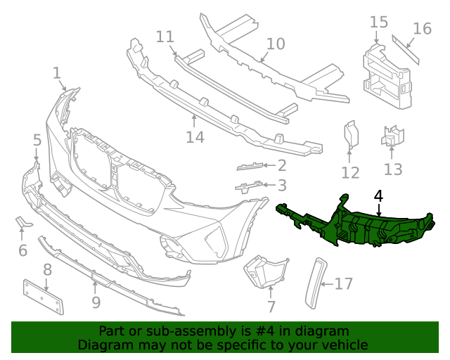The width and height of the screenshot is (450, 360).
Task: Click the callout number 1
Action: point(56,72)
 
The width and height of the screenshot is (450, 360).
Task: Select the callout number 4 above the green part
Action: point(378,196)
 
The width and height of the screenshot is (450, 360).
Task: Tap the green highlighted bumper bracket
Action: point(359,224)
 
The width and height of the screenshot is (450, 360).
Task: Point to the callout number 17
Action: point(343,284)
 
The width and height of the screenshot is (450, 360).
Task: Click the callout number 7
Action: point(271,307)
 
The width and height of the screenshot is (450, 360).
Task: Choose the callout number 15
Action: point(378,22)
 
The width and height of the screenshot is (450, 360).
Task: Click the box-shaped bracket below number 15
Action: point(385,74)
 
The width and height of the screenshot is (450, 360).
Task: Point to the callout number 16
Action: point(422,29)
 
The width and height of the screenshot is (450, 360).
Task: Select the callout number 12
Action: point(350,172)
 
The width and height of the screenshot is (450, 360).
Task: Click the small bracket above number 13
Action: point(393,136)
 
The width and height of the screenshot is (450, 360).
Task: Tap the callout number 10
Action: point(276,44)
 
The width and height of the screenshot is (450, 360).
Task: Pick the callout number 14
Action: point(195,136)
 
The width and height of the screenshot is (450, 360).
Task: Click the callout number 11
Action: point(165,36)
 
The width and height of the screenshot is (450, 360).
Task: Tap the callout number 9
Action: point(96,303)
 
